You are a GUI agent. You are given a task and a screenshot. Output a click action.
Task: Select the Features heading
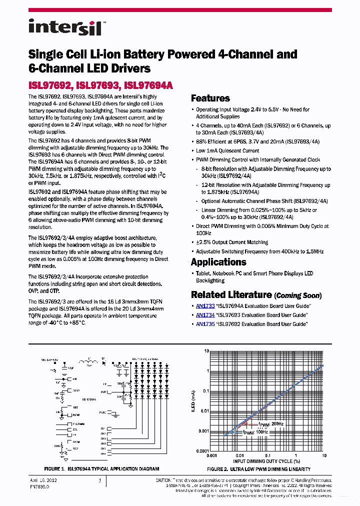(x=210, y=98)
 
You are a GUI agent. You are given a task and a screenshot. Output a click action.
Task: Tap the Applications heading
(x=218, y=262)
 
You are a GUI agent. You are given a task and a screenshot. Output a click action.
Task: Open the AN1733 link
(x=205, y=306)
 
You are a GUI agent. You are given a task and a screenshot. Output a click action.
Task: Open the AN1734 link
(x=205, y=315)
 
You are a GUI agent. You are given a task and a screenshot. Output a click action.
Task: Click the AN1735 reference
(x=205, y=324)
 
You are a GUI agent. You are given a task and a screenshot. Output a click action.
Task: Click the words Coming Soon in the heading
(x=298, y=295)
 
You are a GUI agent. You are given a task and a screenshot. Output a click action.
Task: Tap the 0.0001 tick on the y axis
(x=202, y=450)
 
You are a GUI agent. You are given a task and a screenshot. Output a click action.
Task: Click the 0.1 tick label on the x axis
(x=268, y=456)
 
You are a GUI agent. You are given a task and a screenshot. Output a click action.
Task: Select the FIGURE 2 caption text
(x=258, y=469)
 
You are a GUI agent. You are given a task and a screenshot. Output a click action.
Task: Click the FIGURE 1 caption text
(x=101, y=469)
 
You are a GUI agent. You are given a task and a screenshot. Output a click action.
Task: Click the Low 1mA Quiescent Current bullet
(x=227, y=150)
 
